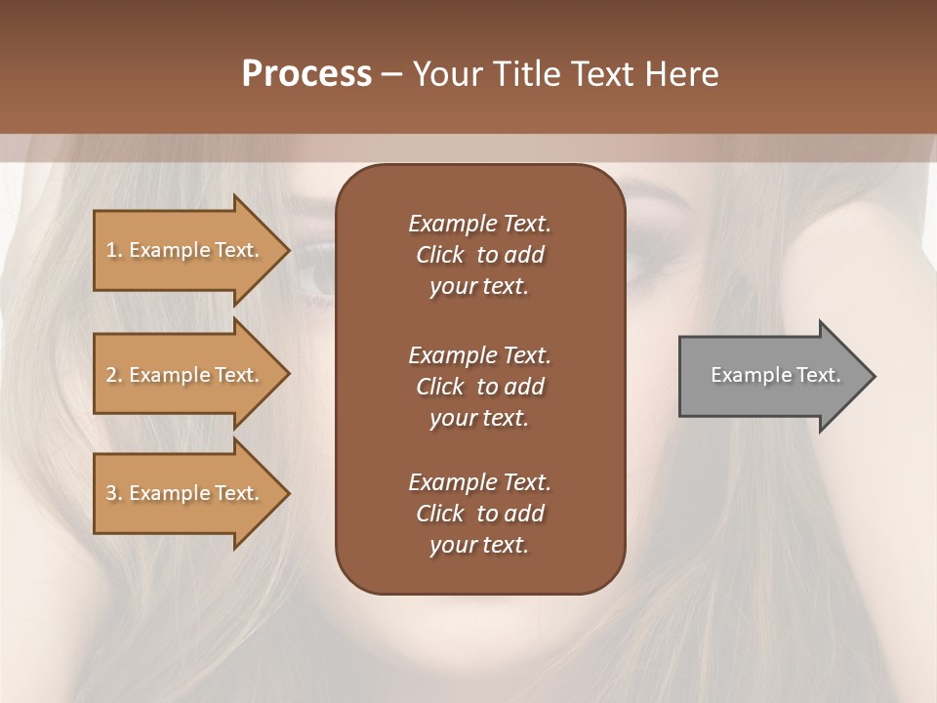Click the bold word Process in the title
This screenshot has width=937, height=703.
(x=306, y=74)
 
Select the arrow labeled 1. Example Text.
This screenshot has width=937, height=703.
(x=183, y=250)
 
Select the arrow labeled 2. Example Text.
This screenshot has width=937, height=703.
(x=183, y=375)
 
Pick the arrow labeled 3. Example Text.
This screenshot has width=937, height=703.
(x=183, y=493)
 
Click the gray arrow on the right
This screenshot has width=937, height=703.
(x=771, y=375)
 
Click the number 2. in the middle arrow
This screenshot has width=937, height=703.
(x=113, y=375)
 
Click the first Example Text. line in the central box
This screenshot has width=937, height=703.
(x=479, y=224)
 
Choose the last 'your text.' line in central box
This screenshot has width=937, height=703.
(x=479, y=545)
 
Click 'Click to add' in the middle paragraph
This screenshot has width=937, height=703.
(x=479, y=387)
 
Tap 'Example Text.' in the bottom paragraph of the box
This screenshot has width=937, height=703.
(x=479, y=482)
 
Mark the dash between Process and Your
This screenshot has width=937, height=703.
(x=392, y=74)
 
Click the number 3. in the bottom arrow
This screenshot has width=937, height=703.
(x=113, y=493)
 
